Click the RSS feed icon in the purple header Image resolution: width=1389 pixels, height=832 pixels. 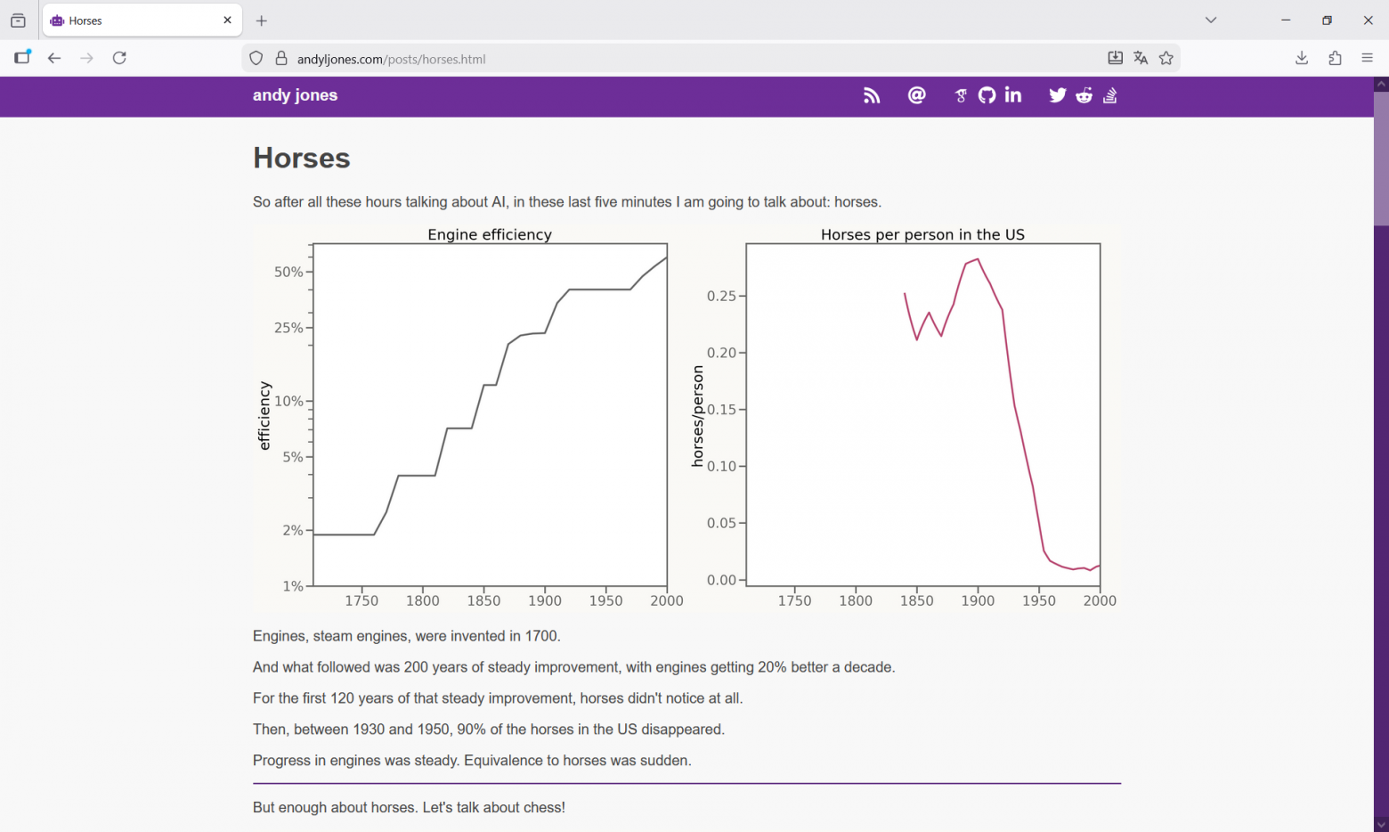[871, 95]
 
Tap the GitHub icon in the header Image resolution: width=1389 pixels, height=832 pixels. [987, 95]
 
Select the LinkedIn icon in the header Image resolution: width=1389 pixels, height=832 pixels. [1012, 95]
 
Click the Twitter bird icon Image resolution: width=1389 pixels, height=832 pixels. [1057, 95]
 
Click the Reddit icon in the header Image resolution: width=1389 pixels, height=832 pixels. [1084, 95]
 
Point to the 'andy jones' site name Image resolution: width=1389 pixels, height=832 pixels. [296, 95]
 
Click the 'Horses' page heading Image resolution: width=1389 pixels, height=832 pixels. [301, 158]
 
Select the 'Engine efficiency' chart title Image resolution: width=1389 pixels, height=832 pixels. [490, 234]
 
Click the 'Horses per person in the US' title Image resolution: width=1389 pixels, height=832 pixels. [922, 234]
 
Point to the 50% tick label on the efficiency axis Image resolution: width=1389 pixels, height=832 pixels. [288, 272]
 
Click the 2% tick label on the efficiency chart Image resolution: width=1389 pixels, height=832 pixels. [293, 531]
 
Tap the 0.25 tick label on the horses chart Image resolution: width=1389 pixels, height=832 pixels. [721, 296]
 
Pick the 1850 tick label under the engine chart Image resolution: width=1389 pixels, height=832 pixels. [483, 600]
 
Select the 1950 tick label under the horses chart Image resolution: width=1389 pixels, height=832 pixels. [1039, 600]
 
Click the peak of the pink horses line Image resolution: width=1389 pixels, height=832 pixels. [978, 259]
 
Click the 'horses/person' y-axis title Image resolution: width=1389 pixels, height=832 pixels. [697, 416]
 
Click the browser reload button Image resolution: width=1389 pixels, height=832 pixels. [119, 58]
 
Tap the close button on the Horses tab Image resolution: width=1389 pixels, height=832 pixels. [228, 20]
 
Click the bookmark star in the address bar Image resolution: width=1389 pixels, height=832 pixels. [1166, 58]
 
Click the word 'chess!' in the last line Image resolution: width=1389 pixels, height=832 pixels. [545, 807]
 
